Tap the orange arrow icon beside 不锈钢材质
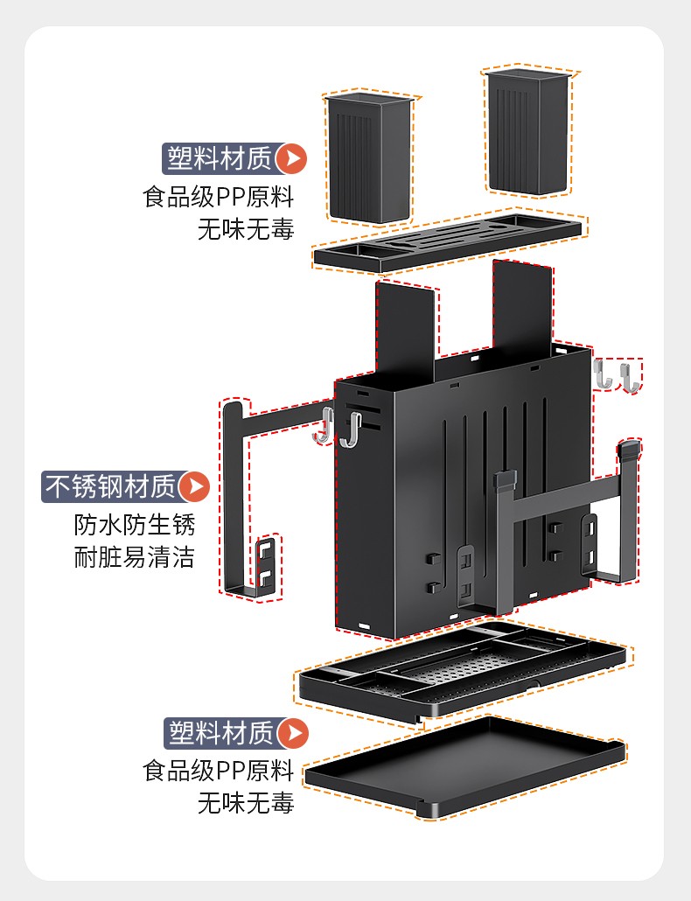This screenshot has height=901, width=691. tap(194, 486)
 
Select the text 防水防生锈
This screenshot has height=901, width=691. tap(135, 525)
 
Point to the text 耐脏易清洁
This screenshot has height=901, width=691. tap(135, 557)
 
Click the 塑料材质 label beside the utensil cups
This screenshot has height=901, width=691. tap(220, 158)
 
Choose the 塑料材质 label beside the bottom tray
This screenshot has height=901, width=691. tap(221, 733)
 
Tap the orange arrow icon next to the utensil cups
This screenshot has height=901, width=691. tap(291, 158)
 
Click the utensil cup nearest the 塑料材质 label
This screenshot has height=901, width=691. tap(369, 157)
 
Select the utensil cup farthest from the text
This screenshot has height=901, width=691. tap(527, 131)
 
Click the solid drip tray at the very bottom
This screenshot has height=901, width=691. tap(465, 765)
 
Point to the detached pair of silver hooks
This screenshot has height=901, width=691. tap(617, 375)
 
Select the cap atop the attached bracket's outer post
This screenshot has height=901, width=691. tap(628, 449)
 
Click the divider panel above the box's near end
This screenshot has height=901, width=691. tap(406, 331)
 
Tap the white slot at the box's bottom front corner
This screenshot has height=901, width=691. tap(364, 625)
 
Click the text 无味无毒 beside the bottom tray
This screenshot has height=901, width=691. tap(246, 803)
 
